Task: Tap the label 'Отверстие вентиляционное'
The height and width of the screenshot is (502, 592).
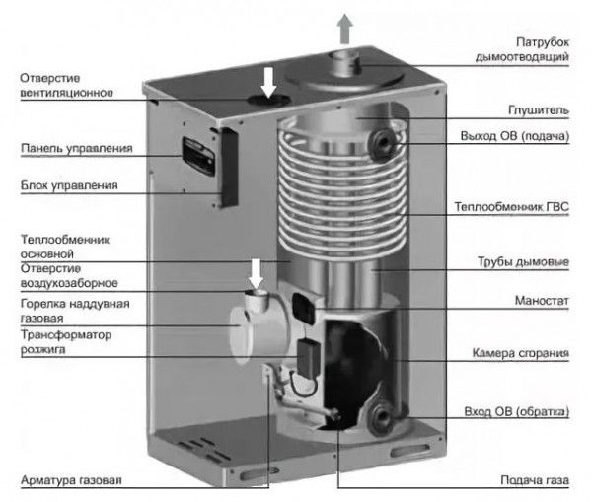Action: tap(59, 85)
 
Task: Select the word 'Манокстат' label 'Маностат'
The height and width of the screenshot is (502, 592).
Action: tap(542, 298)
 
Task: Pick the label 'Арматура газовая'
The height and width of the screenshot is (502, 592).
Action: tap(71, 480)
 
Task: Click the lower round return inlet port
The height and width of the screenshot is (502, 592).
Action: tap(379, 419)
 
